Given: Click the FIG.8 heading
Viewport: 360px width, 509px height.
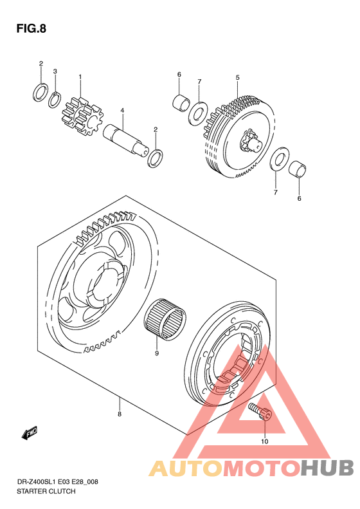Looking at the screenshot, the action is pos(31,29).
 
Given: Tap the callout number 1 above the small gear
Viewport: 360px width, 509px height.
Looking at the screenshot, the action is pos(80,77).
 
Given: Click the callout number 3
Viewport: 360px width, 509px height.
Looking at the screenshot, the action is pos(55,71).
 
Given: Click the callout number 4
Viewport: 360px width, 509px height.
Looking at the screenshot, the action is pos(122,111).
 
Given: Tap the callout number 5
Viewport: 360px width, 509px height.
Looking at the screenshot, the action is pos(237,78).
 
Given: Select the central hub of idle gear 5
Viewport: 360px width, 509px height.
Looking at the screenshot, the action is pos(251,142).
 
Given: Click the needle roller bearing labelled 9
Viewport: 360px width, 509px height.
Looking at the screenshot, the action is pos(165,320).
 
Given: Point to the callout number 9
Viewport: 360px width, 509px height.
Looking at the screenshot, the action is pos(157,353).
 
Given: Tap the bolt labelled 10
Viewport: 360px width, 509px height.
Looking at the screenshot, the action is pos(260,411).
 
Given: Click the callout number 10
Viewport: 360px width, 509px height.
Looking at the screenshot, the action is pos(265,441).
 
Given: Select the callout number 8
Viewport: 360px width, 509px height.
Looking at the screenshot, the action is pos(120,414).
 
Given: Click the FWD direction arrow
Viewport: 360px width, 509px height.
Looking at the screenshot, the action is pos(30,432).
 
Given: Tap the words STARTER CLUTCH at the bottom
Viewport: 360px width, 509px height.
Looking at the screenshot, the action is pos(46,491).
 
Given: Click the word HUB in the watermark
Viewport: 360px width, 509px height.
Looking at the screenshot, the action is pos(327,468).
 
